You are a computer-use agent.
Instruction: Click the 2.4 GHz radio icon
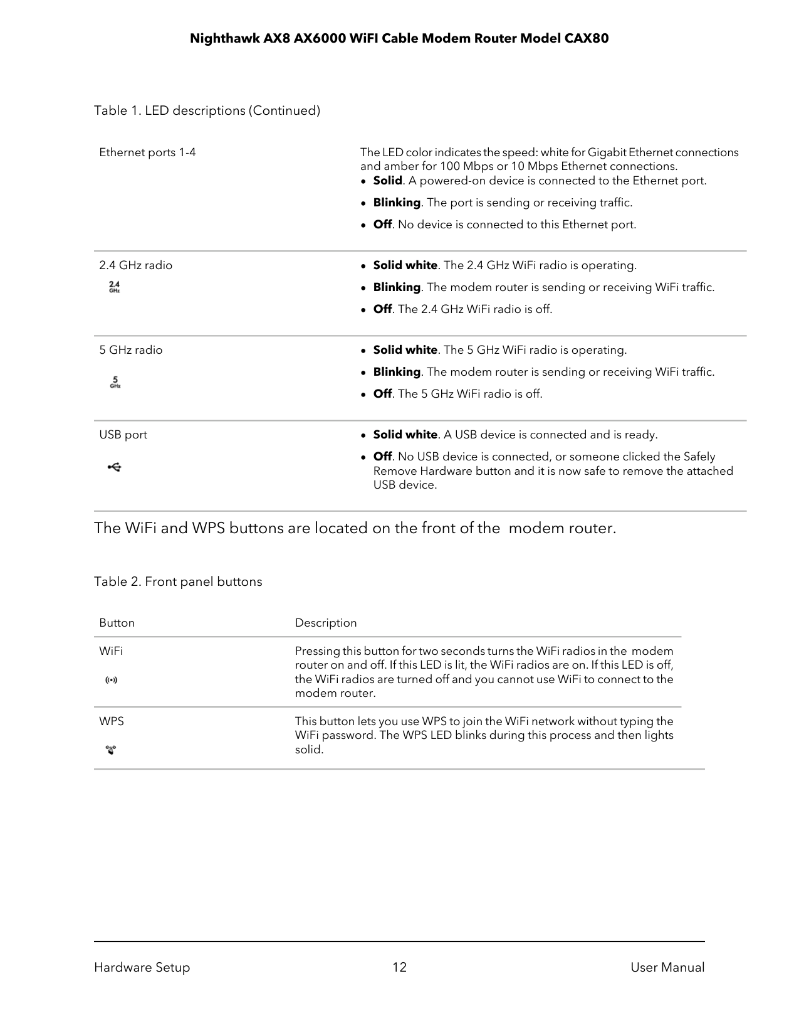click(114, 287)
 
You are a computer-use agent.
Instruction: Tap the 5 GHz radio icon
click(115, 382)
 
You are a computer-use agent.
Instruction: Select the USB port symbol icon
click(114, 467)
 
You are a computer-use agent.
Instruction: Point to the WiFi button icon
click(111, 680)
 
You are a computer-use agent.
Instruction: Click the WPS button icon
click(111, 750)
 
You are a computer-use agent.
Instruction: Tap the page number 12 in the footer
click(399, 967)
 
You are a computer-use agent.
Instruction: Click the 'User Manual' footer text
click(667, 967)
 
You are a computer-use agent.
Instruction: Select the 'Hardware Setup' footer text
click(142, 967)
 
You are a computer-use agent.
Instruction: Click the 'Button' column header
click(117, 623)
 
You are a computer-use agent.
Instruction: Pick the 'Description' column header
click(326, 623)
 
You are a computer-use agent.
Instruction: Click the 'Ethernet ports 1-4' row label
click(147, 152)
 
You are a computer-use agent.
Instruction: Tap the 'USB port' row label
click(123, 435)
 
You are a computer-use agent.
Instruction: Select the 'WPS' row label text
click(112, 721)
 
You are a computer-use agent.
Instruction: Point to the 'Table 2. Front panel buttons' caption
click(178, 581)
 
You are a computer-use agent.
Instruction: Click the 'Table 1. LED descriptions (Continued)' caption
click(207, 110)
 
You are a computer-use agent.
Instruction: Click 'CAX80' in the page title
click(587, 39)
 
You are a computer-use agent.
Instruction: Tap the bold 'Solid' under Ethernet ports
click(387, 181)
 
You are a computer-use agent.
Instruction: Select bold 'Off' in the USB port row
click(382, 457)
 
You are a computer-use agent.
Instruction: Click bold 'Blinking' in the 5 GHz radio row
click(397, 372)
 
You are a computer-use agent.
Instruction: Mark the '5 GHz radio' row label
click(130, 350)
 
